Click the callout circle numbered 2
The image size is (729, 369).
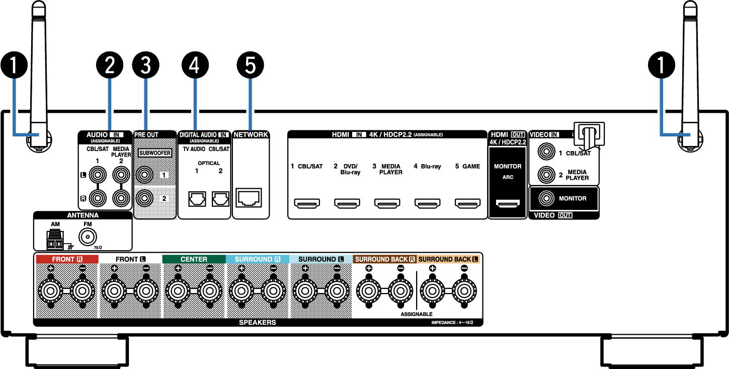110,65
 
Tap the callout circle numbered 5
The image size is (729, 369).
250,65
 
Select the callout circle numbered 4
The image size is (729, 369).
195,65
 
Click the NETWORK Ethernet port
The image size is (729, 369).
249,197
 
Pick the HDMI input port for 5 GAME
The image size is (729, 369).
468,203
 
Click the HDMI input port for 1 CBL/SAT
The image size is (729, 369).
307,203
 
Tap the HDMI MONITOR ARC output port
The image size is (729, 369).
508,203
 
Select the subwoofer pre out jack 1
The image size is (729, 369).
144,175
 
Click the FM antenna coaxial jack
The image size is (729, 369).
88,237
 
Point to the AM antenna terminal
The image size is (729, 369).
55,240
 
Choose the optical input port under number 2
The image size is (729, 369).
220,199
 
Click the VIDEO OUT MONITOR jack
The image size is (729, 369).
546,198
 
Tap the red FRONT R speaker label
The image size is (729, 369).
67,259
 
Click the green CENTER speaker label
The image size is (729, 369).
194,259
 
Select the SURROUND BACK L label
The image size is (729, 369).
448,259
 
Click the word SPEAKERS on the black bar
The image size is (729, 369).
258,322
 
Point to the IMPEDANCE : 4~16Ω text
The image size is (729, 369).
452,322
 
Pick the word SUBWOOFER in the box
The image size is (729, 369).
155,153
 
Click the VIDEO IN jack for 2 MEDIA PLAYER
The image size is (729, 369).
546,175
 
